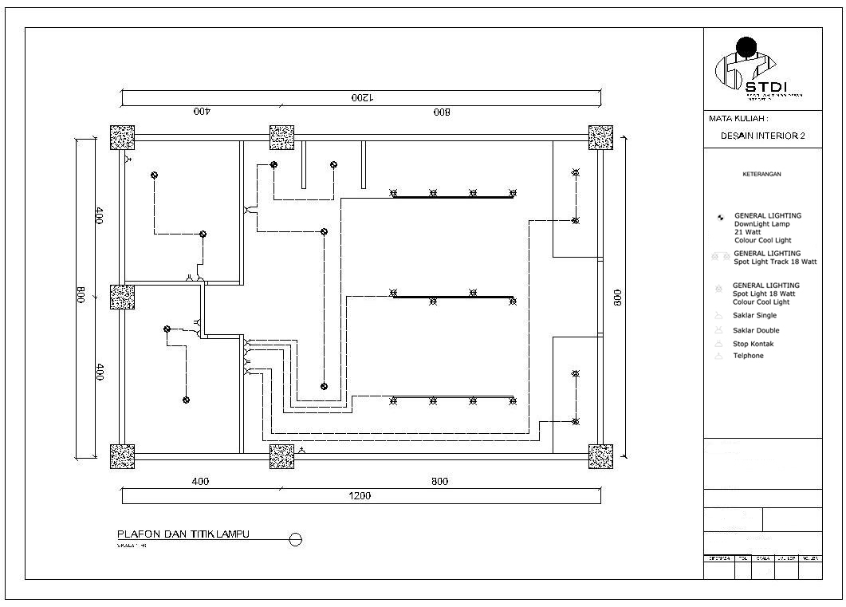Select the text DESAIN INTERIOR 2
(762, 136)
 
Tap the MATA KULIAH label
(738, 119)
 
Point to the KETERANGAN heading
(761, 174)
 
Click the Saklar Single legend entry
(754, 316)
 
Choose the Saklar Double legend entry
(756, 330)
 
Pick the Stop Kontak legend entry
(753, 345)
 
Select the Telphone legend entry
(748, 356)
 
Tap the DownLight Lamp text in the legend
(761, 224)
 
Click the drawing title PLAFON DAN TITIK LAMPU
(183, 534)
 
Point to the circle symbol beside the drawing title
(295, 540)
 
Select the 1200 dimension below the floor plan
(360, 496)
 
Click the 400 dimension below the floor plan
(200, 482)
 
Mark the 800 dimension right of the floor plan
(618, 297)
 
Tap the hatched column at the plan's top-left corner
(122, 137)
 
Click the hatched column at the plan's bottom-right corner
(600, 456)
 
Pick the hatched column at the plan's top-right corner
(600, 137)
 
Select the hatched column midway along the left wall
(122, 297)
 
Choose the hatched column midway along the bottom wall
(281, 456)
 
